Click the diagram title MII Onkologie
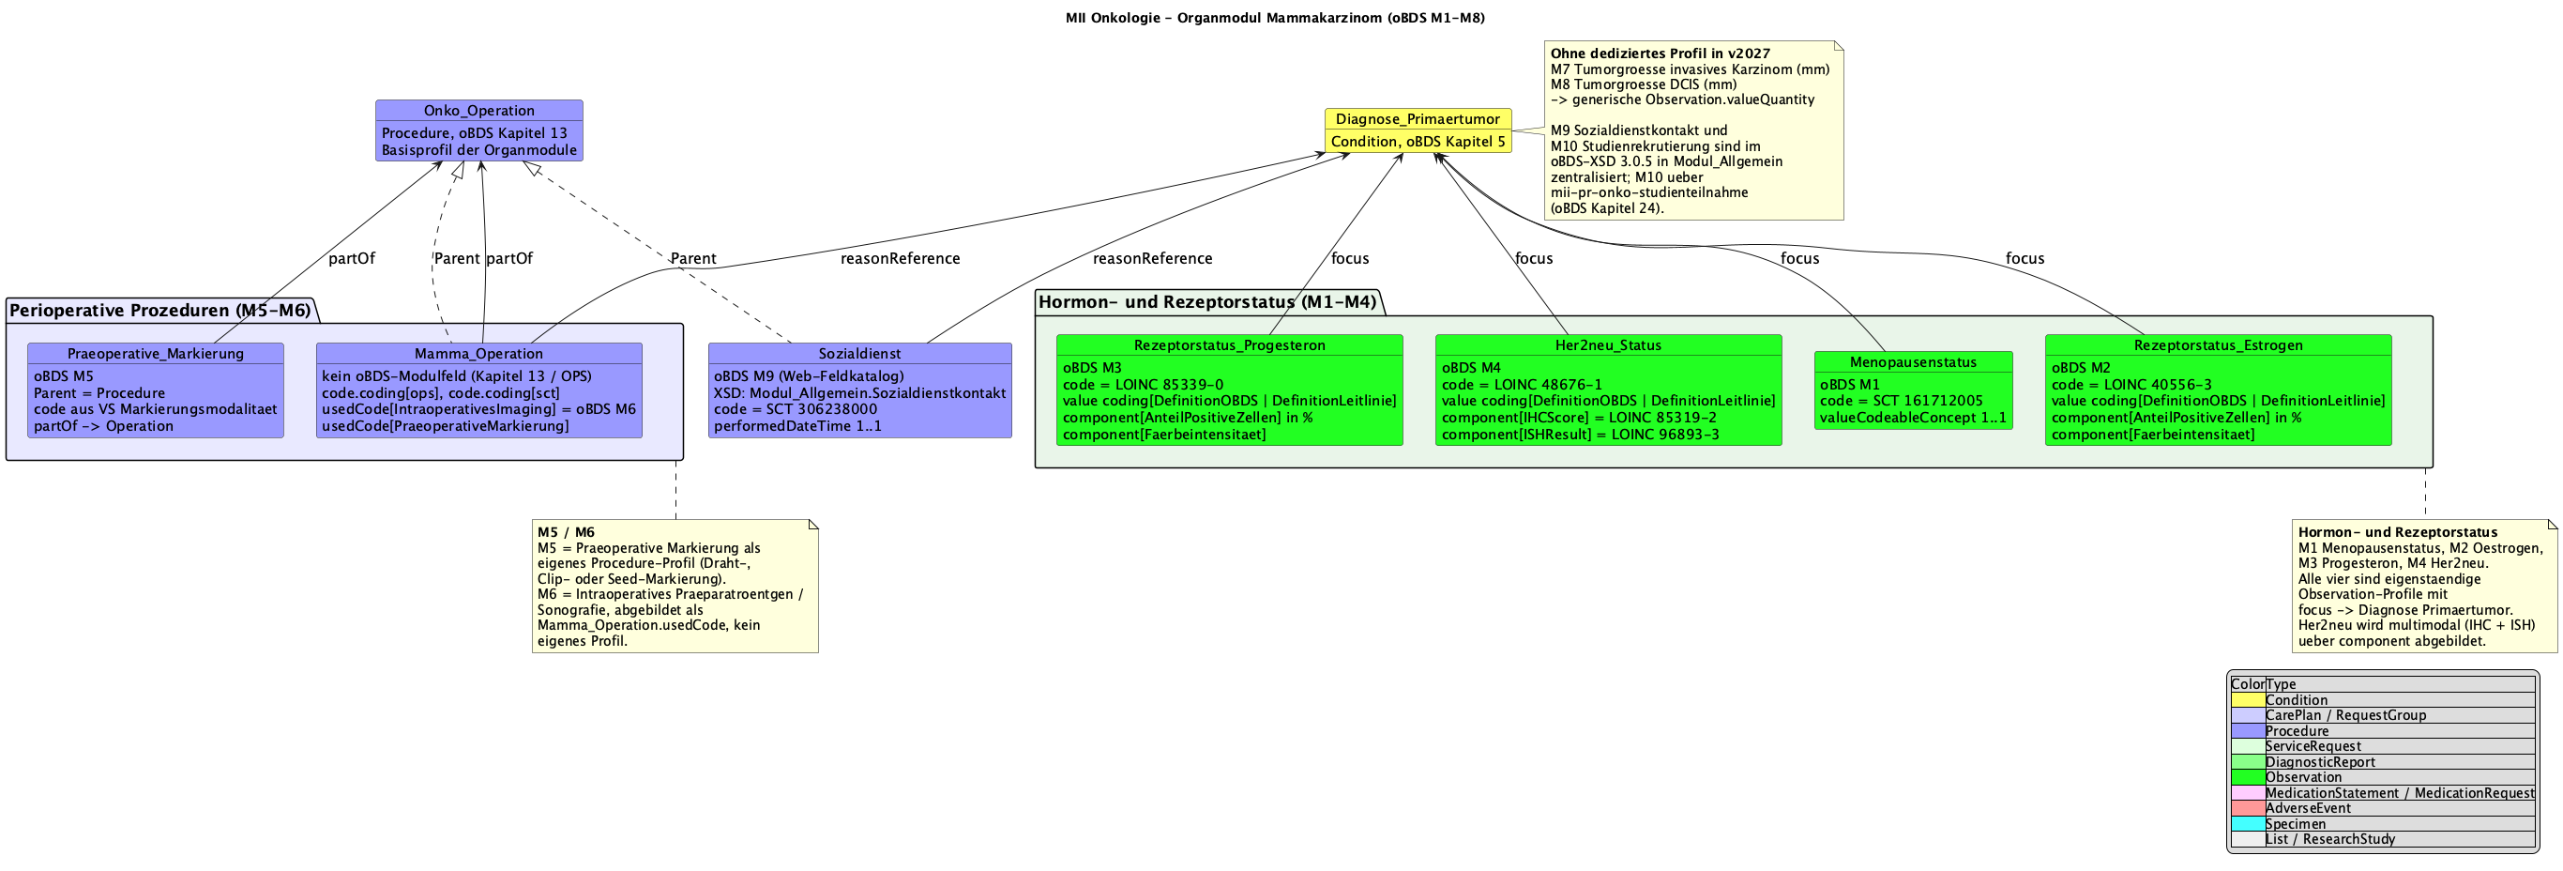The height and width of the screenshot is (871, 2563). click(1275, 18)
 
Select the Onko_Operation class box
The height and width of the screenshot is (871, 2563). click(478, 130)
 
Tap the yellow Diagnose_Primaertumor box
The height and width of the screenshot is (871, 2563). click(1418, 130)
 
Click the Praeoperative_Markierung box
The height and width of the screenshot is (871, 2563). click(155, 390)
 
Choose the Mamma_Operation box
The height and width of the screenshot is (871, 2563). click(478, 390)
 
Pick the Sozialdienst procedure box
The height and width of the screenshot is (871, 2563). click(859, 390)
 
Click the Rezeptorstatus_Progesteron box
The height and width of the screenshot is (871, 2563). click(1230, 390)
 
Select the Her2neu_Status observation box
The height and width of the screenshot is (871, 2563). click(1608, 390)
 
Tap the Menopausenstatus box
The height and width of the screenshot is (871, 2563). click(1913, 390)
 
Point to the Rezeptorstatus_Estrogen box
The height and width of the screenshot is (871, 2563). click(2218, 390)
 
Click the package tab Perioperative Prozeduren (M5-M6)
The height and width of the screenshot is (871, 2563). click(160, 311)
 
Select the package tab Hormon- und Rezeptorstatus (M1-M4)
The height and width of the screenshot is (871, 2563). click(1208, 301)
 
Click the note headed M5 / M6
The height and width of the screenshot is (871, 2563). click(675, 587)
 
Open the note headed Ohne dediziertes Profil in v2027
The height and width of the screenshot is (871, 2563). click(1694, 130)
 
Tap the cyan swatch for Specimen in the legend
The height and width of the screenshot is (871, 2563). click(2248, 824)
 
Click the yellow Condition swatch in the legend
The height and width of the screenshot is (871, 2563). click(2248, 700)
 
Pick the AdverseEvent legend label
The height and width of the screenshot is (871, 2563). click(2308, 808)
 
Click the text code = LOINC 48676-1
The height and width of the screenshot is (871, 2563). click(1522, 384)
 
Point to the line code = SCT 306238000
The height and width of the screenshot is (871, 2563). click(795, 409)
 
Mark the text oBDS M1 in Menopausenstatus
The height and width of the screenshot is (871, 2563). click(1850, 384)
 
